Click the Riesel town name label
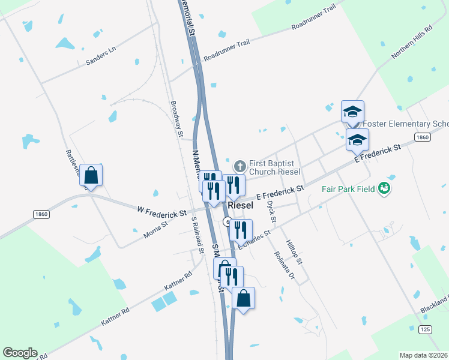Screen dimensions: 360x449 [x=241, y=205]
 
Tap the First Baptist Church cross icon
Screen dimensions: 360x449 [x=240, y=165]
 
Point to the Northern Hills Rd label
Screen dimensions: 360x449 [x=412, y=43]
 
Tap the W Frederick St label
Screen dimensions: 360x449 [x=161, y=212]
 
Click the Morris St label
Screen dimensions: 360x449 [x=157, y=230]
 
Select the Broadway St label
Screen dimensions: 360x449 [x=176, y=118]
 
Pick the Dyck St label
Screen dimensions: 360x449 [x=272, y=212]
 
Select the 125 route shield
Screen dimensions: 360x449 [x=425, y=329]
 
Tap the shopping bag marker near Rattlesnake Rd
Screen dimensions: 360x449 [x=91, y=175]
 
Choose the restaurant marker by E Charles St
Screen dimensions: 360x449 [x=241, y=229]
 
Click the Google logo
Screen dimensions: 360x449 [x=20, y=353]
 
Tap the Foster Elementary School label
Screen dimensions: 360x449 [x=406, y=124]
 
